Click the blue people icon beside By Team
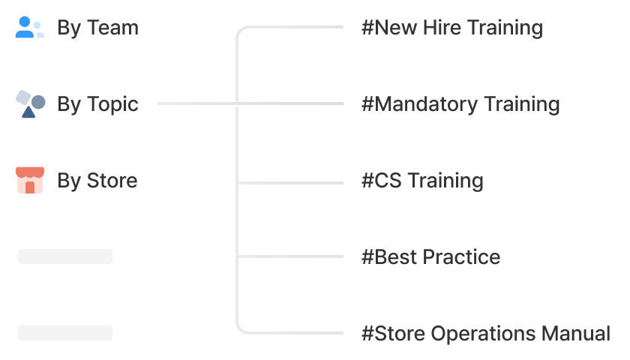(x=30, y=27)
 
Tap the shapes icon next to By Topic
(x=30, y=103)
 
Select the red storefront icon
(x=30, y=180)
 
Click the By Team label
(x=97, y=28)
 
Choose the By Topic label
(x=97, y=104)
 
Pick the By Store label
(x=97, y=181)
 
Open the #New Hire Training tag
(x=452, y=28)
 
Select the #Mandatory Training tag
(x=460, y=104)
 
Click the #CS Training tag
(x=422, y=181)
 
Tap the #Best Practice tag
(x=430, y=256)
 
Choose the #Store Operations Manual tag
(x=486, y=334)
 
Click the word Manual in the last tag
(x=576, y=334)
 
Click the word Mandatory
(x=426, y=104)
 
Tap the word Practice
(x=461, y=256)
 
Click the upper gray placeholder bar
(x=65, y=256)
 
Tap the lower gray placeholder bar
(x=65, y=333)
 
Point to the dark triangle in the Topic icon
(x=28, y=112)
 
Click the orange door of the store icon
(x=30, y=187)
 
